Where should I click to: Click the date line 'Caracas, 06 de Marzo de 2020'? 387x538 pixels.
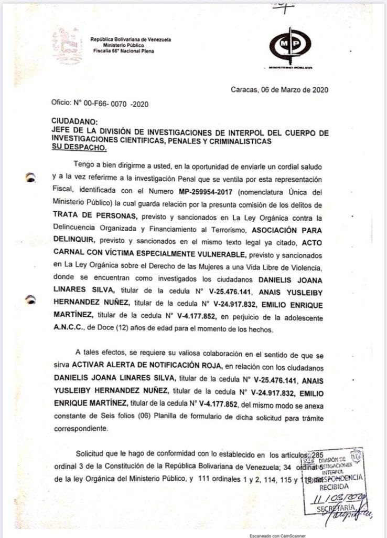[x=279, y=89]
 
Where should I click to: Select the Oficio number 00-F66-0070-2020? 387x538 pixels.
[x=100, y=104]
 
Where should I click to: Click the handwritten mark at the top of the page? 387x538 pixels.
[x=287, y=6]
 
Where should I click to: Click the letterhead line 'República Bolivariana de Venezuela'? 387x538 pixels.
[x=131, y=40]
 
